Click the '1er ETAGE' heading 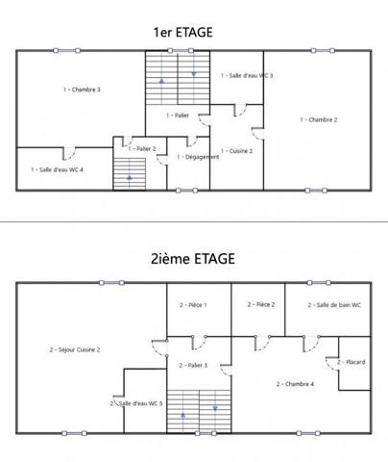point(183,33)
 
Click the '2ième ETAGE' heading point(193,259)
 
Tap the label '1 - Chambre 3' point(82,90)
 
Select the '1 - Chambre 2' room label point(319,119)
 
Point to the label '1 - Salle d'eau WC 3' point(247,75)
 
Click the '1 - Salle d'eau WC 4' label point(57,169)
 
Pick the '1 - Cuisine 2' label point(236,151)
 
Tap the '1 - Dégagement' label point(198,157)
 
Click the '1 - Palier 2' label point(142,148)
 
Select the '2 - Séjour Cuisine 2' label point(75,349)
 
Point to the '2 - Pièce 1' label point(193,305)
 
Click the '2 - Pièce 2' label point(261,304)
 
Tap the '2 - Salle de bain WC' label point(334,305)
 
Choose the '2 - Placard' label point(352,362)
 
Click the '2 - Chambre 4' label point(295,384)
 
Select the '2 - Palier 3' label point(193,365)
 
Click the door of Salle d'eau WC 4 point(69,154)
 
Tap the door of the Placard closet point(332,364)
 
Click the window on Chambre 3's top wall point(66,51)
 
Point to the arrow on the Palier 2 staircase point(130,176)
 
